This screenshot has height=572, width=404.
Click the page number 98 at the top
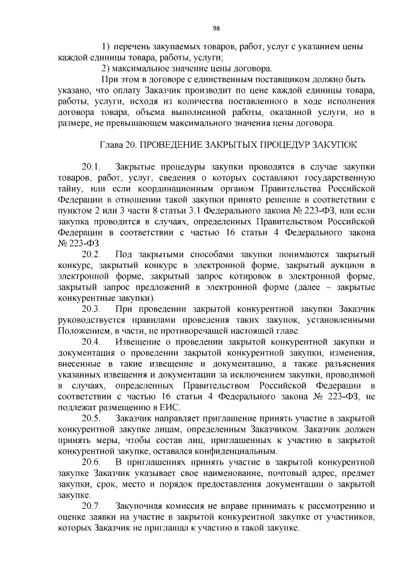[x=216, y=28]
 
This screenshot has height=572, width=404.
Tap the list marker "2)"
[x=106, y=68]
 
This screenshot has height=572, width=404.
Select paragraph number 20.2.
[x=91, y=253]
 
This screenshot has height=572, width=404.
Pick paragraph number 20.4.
[x=91, y=341]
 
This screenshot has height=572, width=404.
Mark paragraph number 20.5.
[x=91, y=418]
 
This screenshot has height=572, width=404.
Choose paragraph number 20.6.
[x=91, y=461]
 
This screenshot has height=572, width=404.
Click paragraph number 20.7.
[x=91, y=505]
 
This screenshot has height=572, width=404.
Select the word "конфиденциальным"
[x=239, y=451]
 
